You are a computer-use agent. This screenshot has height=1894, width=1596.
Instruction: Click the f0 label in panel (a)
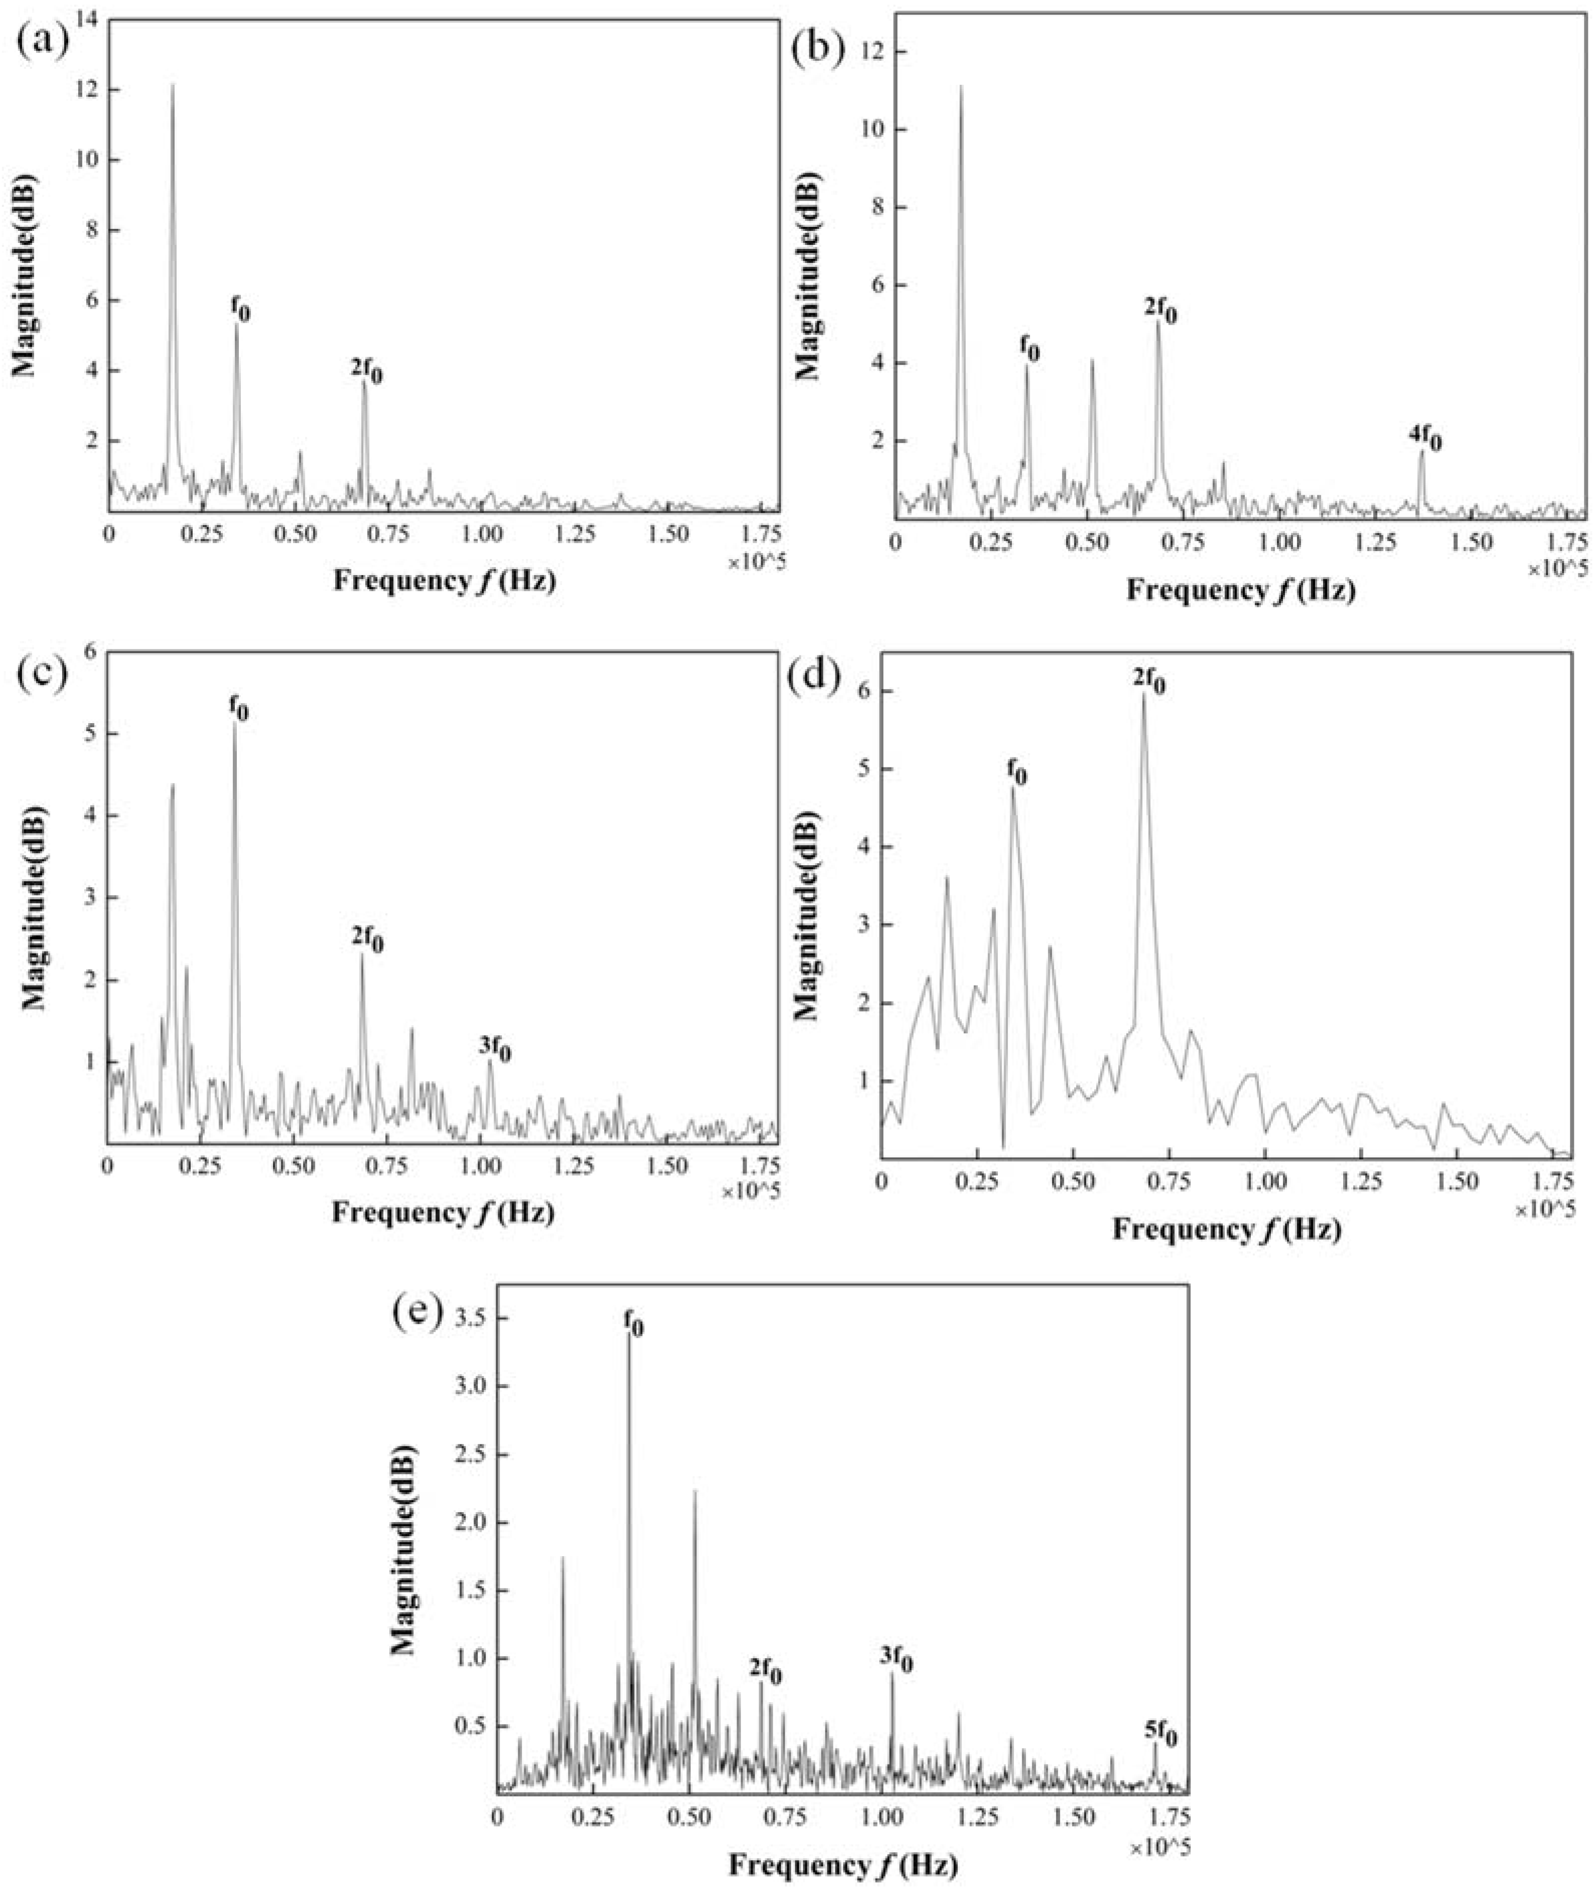click(240, 310)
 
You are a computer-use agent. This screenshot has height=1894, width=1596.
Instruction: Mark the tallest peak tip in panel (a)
click(172, 85)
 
